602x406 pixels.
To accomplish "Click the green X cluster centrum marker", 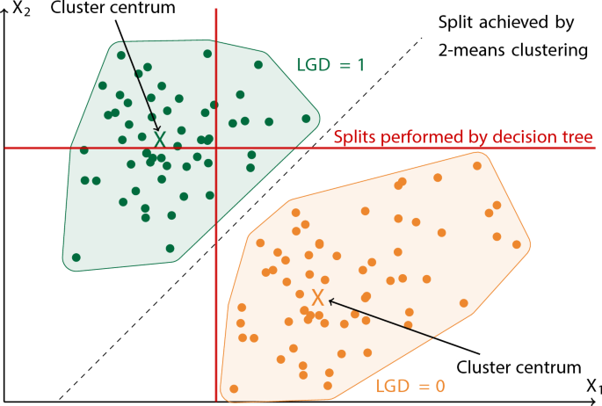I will pos(159,139).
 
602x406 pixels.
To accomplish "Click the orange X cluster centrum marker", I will pos(318,299).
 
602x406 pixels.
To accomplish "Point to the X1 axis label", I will pos(593,388).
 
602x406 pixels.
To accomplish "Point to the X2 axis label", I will pos(19,12).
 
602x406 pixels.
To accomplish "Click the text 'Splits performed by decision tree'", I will pos(464,137).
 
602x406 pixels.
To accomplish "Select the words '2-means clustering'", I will pos(512,50).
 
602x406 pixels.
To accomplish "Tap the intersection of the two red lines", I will pos(216,148).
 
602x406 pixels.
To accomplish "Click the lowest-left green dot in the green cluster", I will pos(76,257).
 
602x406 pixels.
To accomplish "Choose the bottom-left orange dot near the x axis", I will pos(235,388).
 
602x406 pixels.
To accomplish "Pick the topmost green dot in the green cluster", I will pos(207,54).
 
